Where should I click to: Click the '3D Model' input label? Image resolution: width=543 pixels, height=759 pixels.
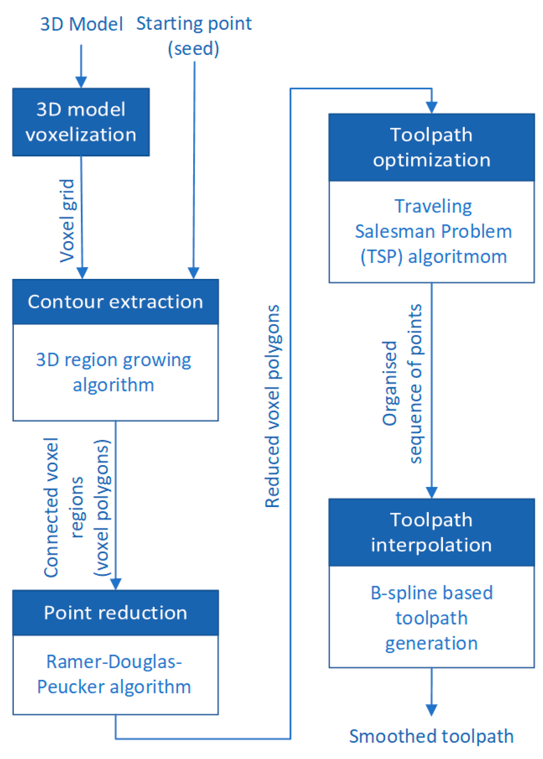click(x=82, y=24)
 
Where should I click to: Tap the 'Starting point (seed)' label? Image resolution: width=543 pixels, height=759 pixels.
click(x=194, y=35)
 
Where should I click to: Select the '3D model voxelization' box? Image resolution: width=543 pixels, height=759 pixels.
click(x=81, y=122)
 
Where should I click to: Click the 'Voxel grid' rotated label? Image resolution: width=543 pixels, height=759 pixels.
click(x=67, y=221)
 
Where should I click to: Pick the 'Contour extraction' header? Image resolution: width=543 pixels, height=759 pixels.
click(x=115, y=302)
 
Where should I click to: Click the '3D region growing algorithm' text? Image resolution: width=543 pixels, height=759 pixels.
click(x=113, y=372)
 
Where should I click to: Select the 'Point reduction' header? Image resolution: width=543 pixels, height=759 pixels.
click(x=115, y=612)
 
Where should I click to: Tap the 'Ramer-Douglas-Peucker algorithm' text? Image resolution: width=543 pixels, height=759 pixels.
click(x=114, y=674)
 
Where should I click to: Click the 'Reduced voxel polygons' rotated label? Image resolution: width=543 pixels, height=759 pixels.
click(x=273, y=406)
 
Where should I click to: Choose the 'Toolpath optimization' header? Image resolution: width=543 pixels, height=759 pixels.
click(x=431, y=147)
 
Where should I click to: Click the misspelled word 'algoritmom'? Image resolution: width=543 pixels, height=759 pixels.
click(x=457, y=257)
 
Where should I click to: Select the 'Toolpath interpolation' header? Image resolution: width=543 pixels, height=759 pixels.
click(x=431, y=532)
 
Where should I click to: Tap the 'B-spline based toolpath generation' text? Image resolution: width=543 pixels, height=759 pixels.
click(x=431, y=618)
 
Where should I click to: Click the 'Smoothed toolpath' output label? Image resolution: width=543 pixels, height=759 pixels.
click(x=431, y=736)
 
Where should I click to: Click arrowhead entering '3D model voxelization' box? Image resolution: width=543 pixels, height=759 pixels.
click(x=81, y=82)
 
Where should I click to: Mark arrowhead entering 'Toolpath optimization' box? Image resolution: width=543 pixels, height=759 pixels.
click(x=432, y=108)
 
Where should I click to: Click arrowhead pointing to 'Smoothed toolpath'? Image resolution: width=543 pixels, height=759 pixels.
click(x=431, y=710)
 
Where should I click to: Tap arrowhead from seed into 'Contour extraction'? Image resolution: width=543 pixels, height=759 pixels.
click(x=193, y=273)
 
